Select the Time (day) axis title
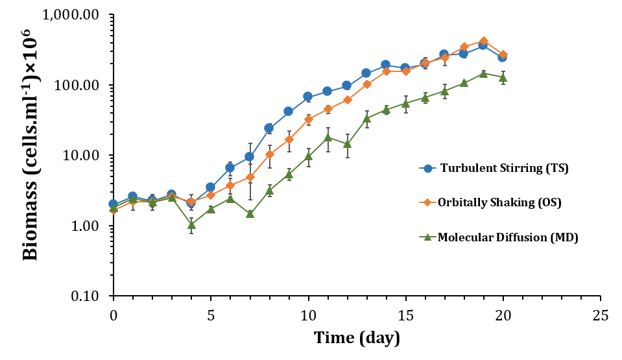point(357,338)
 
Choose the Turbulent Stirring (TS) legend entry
point(503,169)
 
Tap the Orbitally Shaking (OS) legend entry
point(498,203)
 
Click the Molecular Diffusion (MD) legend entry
point(507,237)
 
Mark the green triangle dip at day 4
point(191,225)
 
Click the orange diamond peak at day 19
point(483,41)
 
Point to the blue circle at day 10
point(308,97)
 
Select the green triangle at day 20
point(503,78)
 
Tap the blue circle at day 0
point(114,204)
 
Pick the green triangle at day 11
point(328,138)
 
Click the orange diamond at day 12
point(347,100)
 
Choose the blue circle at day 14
point(385,65)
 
